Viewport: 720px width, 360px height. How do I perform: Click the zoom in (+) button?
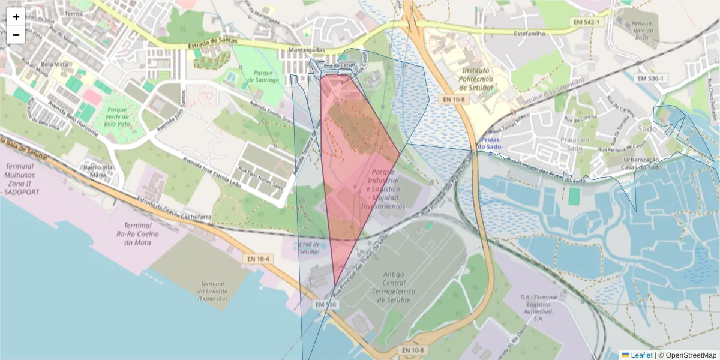(x=16, y=17)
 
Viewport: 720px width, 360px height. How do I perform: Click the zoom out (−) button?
(x=16, y=35)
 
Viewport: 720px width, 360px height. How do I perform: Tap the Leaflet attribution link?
(x=641, y=355)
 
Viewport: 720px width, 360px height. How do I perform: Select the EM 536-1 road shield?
(x=650, y=78)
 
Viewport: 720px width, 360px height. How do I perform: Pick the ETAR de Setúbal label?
(x=310, y=248)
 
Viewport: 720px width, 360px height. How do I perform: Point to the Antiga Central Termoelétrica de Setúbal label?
(x=391, y=287)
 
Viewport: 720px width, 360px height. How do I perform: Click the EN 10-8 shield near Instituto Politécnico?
(x=454, y=100)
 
